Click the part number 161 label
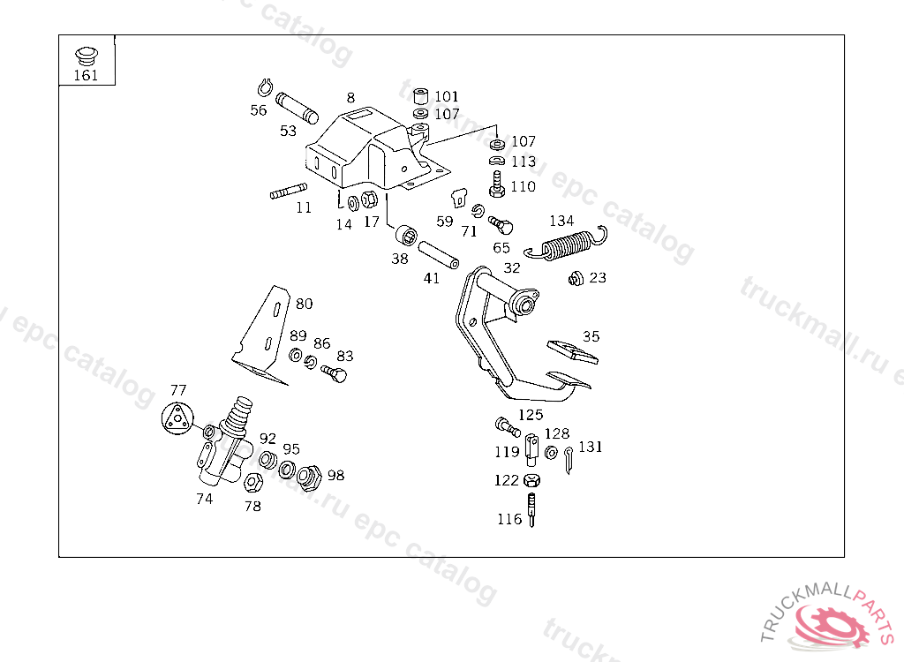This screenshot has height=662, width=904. (86, 75)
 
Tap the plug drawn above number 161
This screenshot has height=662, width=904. (86, 55)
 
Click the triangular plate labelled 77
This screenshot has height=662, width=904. (177, 418)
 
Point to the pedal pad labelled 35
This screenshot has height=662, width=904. (572, 350)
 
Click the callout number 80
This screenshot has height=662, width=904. (304, 304)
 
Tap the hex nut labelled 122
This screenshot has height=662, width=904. (531, 481)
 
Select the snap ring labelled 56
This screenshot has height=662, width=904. (263, 87)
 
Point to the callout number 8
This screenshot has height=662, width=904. (350, 97)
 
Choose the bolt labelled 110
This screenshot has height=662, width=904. (497, 186)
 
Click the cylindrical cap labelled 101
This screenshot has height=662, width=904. (421, 95)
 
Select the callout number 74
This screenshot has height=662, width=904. (204, 498)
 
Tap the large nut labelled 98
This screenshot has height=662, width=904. (309, 478)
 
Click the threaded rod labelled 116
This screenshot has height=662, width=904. (532, 509)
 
